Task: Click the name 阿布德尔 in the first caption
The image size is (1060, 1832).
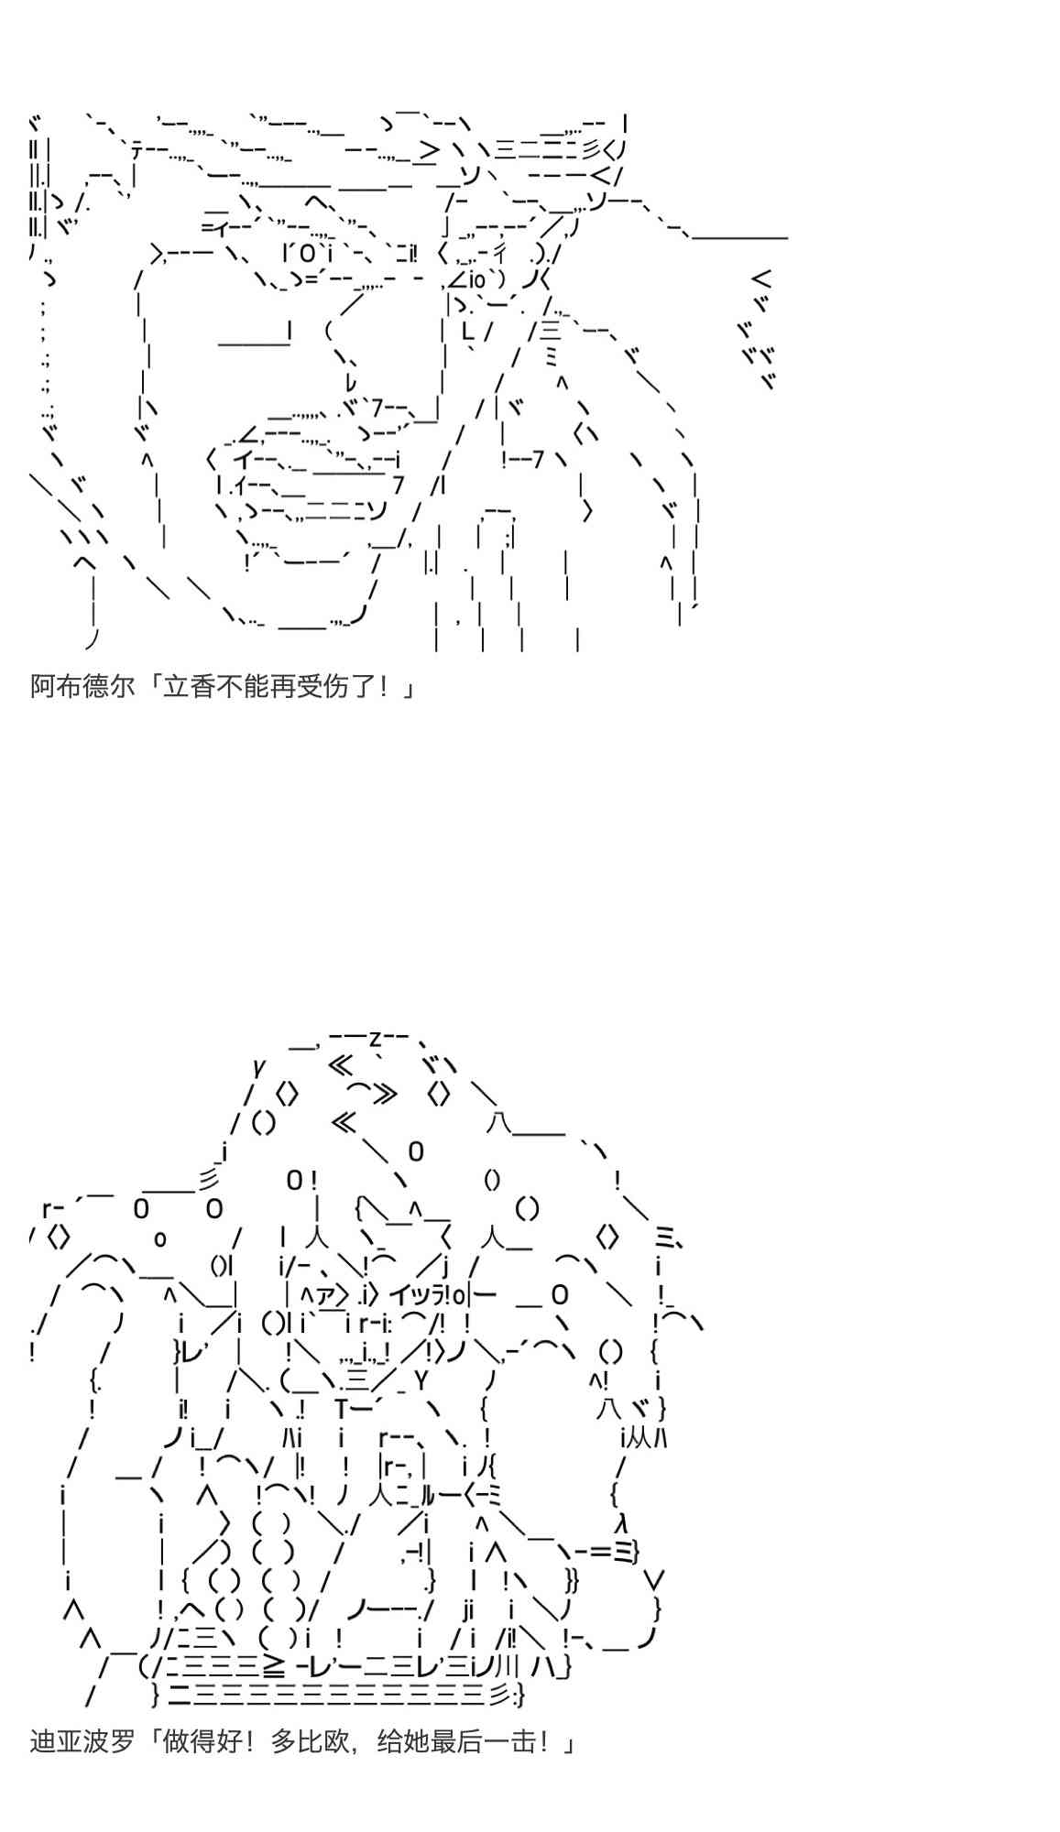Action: point(82,686)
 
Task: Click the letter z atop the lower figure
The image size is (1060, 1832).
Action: point(376,1038)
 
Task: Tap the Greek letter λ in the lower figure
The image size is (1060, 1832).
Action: point(621,1522)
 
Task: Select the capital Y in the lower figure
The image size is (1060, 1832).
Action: point(421,1379)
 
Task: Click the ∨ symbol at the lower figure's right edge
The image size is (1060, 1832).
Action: point(654,1580)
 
